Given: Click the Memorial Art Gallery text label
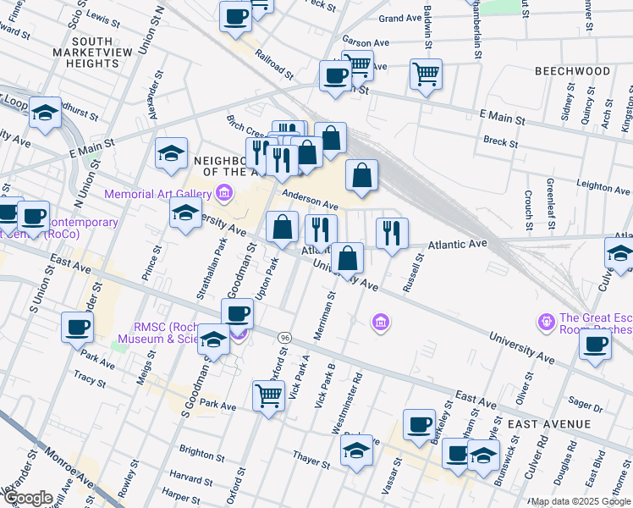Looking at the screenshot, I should pos(158,195).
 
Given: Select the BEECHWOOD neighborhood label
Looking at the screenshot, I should pos(572,71).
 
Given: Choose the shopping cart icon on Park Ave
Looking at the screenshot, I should pos(268,394).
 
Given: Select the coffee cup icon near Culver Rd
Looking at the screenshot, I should pos(595,345).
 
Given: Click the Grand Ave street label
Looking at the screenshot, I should pos(401,18).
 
